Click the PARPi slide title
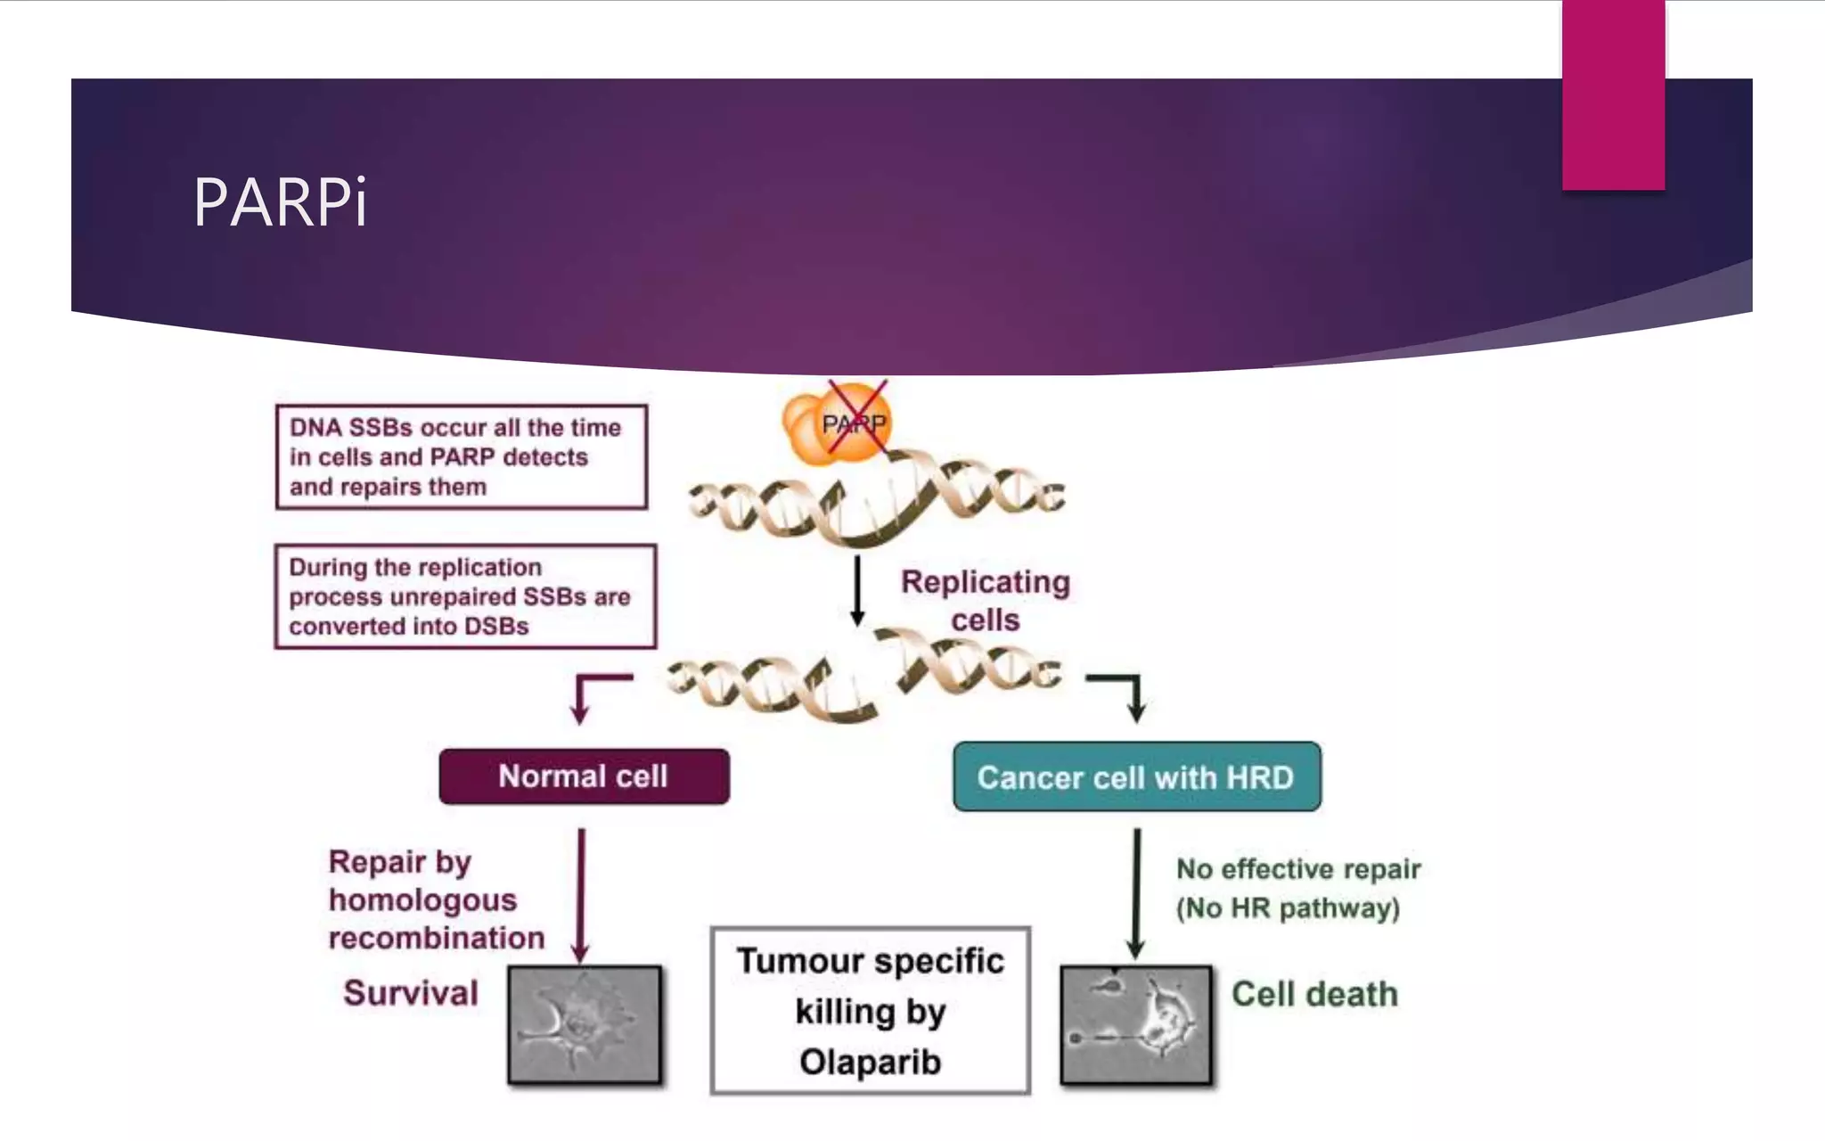[x=279, y=202]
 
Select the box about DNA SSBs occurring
[x=462, y=457]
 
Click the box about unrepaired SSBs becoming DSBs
[x=465, y=596]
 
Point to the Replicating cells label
[x=985, y=600]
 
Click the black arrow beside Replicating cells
[x=857, y=590]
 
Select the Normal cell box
[x=584, y=776]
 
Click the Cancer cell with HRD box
[x=1136, y=777]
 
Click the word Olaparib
[x=870, y=1062]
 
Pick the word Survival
[x=411, y=993]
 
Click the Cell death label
[x=1314, y=994]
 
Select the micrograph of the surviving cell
[x=585, y=1025]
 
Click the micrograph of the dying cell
[x=1136, y=1025]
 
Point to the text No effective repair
[x=1298, y=869]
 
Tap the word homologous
[x=422, y=900]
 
